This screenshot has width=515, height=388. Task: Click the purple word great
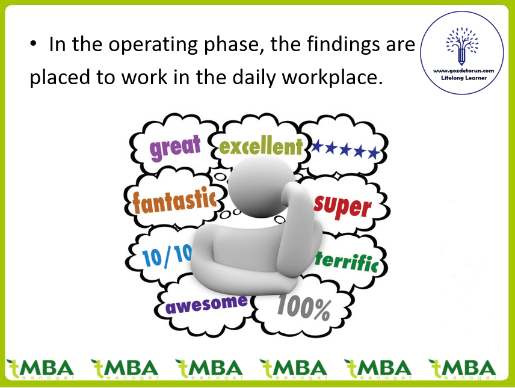(x=175, y=147)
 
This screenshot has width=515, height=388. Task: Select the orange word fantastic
(x=174, y=200)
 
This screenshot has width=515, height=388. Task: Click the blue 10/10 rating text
(x=167, y=255)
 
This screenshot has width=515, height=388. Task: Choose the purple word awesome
(x=206, y=304)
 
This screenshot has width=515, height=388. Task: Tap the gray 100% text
(x=304, y=307)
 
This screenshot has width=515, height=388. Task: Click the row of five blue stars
(x=345, y=149)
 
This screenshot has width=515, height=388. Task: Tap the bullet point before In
(x=33, y=43)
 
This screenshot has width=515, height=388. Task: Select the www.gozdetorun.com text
(x=463, y=70)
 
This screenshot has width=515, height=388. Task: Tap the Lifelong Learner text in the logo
(x=464, y=78)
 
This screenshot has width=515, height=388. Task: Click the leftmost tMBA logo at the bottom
(x=40, y=369)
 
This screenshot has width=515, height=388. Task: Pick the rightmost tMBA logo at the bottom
(x=462, y=369)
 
